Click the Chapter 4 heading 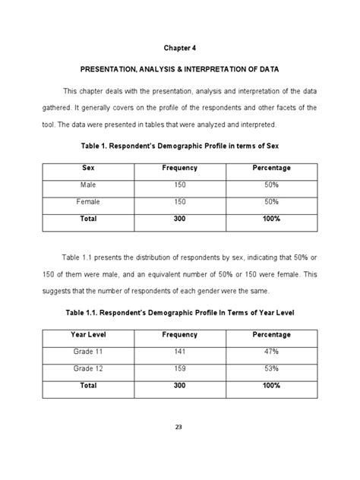pyautogui.click(x=179, y=48)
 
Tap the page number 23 pyautogui.click(x=179, y=427)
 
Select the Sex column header pyautogui.click(x=87, y=168)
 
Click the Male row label pyautogui.click(x=87, y=185)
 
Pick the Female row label pyautogui.click(x=87, y=202)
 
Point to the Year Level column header pyautogui.click(x=87, y=334)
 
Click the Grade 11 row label pyautogui.click(x=87, y=352)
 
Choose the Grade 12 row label pyautogui.click(x=87, y=369)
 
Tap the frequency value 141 pyautogui.click(x=179, y=352)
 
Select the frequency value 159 pyautogui.click(x=179, y=369)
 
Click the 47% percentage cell pyautogui.click(x=271, y=352)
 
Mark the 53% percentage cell pyautogui.click(x=271, y=369)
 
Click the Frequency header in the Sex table pyautogui.click(x=179, y=168)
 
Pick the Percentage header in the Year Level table pyautogui.click(x=271, y=334)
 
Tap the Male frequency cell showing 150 pyautogui.click(x=179, y=185)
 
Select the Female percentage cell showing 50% pyautogui.click(x=271, y=202)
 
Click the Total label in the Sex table pyautogui.click(x=87, y=219)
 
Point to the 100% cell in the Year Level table pyautogui.click(x=271, y=386)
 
